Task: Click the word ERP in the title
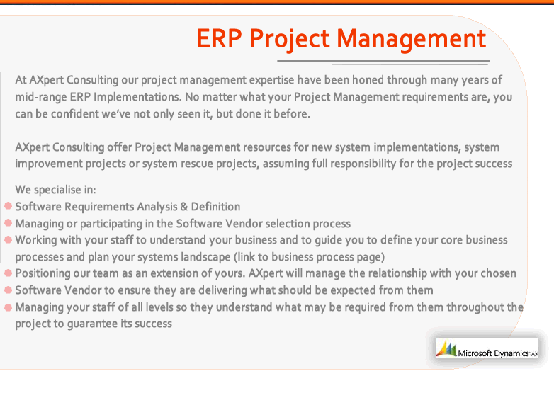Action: click(219, 38)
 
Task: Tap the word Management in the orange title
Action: click(412, 39)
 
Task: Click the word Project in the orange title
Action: click(289, 40)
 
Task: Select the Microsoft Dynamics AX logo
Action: click(487, 348)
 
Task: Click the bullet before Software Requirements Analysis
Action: click(8, 206)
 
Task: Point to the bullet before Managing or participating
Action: click(8, 223)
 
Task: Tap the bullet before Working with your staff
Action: click(8, 240)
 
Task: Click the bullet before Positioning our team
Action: click(8, 273)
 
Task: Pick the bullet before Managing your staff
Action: click(8, 307)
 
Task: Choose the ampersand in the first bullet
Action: click(183, 207)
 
